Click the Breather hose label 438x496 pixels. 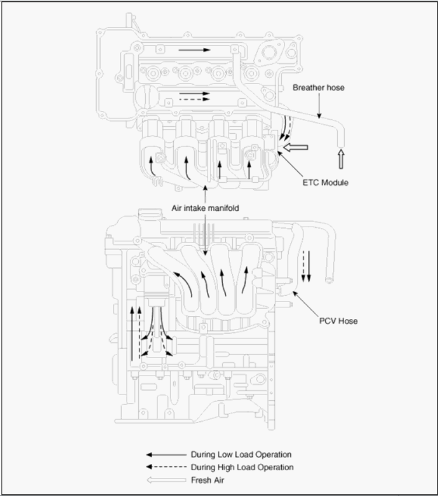pyautogui.click(x=318, y=88)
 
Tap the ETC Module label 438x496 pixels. pyautogui.click(x=325, y=182)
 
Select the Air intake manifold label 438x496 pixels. pyautogui.click(x=205, y=208)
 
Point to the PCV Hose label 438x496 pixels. pyautogui.click(x=338, y=321)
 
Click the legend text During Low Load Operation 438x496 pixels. pyautogui.click(x=241, y=455)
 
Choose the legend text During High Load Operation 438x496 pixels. pyautogui.click(x=242, y=467)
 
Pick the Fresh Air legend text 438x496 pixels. pyautogui.click(x=208, y=480)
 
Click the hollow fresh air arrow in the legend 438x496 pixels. pyautogui.click(x=166, y=480)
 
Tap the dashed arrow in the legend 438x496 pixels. pyautogui.click(x=166, y=467)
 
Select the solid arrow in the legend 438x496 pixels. pyautogui.click(x=166, y=455)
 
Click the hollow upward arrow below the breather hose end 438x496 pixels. pyautogui.click(x=341, y=159)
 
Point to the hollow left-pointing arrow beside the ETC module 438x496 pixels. pyautogui.click(x=296, y=147)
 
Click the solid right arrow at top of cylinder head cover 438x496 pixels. pyautogui.click(x=194, y=50)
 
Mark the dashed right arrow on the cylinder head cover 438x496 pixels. pyautogui.click(x=195, y=99)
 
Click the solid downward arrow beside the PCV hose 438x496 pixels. pyautogui.click(x=309, y=266)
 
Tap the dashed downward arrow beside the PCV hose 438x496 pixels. pyautogui.click(x=303, y=266)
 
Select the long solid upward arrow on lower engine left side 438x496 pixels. pyautogui.click(x=132, y=334)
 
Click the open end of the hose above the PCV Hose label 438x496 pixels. pyautogui.click(x=329, y=280)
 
